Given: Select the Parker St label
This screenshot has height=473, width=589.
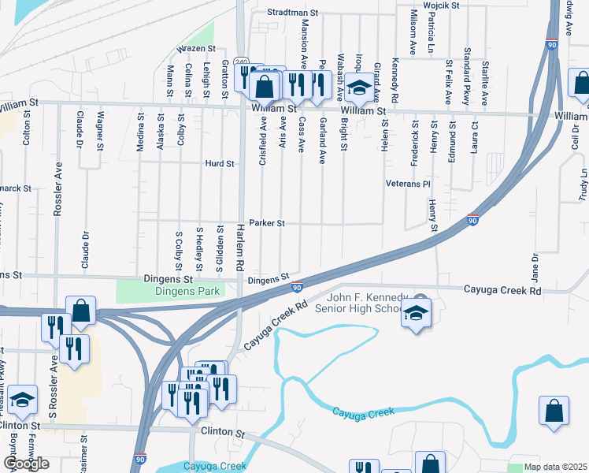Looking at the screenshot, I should (x=266, y=223).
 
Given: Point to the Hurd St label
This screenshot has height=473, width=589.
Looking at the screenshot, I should (x=220, y=164).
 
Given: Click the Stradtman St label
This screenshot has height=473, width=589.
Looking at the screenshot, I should (x=291, y=13).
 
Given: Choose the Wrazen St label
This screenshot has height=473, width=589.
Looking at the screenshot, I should (x=196, y=49).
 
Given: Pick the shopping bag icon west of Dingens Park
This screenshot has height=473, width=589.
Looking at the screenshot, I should (x=80, y=311).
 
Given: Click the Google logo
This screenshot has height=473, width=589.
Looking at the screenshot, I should (x=25, y=464).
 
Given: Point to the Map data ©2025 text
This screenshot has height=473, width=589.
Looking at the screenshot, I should (x=556, y=467).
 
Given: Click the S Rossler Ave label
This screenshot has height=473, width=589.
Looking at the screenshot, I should (x=53, y=385).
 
